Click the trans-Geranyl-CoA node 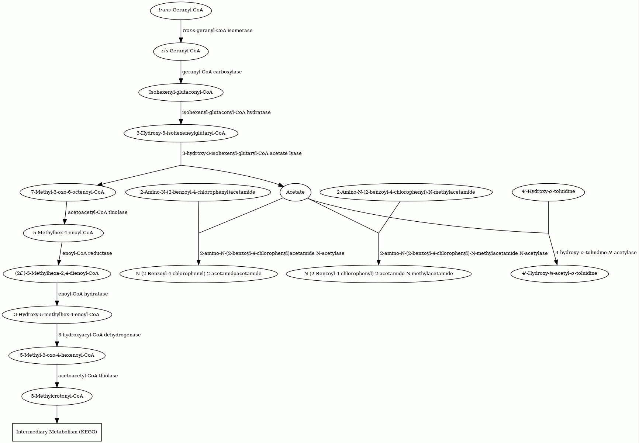pos(181,10)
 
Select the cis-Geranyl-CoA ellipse pos(181,51)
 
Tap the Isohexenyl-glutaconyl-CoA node pos(181,92)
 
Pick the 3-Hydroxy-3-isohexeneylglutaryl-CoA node pos(181,133)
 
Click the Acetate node pos(296,192)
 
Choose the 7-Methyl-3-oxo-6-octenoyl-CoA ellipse pos(68,192)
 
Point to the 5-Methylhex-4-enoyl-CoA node pos(63,233)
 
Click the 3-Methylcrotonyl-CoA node pos(57,397)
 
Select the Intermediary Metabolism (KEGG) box pos(57,432)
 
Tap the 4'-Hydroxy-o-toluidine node pos(548,192)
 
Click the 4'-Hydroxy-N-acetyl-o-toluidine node pos(559,274)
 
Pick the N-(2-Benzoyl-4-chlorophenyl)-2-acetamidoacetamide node pos(198,274)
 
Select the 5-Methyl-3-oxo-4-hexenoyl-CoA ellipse pos(57,356)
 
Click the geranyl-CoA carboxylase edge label pos(212,72)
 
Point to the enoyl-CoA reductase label pos(87,253)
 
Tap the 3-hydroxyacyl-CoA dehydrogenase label pos(100,335)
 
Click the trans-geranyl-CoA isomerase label pos(218,31)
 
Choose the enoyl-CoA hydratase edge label pos(83,294)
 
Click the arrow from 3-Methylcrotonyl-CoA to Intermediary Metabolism pos(57,414)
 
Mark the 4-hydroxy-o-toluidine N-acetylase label pos(596,253)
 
